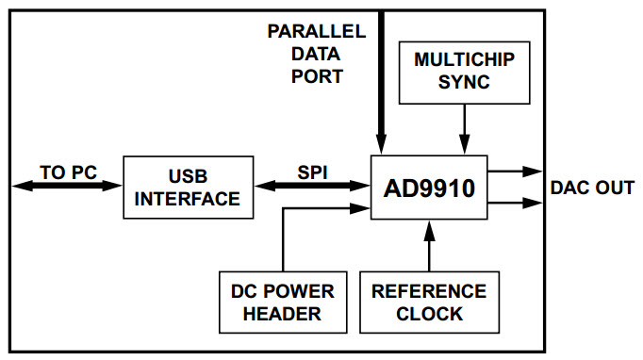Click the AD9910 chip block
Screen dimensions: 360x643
pyautogui.click(x=428, y=188)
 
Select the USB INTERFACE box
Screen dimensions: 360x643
pyautogui.click(x=188, y=188)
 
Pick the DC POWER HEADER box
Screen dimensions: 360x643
pyautogui.click(x=282, y=302)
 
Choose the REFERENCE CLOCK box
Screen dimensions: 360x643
pyautogui.click(x=428, y=302)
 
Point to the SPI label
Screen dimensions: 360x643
pyautogui.click(x=311, y=172)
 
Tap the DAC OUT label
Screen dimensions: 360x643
pyautogui.click(x=592, y=188)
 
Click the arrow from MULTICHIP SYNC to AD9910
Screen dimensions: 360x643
pyautogui.click(x=464, y=128)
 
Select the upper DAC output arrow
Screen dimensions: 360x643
pyautogui.click(x=513, y=172)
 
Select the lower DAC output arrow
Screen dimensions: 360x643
pyautogui.click(x=513, y=202)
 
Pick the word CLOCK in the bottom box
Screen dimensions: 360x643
pyautogui.click(x=429, y=313)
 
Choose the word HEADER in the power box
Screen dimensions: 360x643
pyautogui.click(x=282, y=313)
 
